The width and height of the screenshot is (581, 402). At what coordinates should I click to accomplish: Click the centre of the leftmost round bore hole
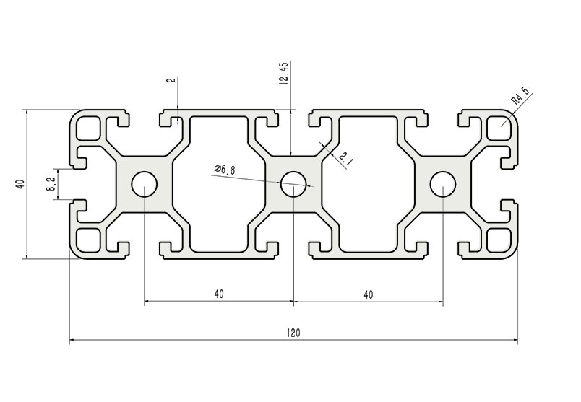(x=144, y=184)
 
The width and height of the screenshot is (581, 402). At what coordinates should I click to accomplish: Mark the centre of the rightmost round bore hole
(x=443, y=184)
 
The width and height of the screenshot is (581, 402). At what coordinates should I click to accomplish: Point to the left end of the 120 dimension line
(x=70, y=339)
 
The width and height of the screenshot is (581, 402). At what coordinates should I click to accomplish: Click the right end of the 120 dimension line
(x=517, y=339)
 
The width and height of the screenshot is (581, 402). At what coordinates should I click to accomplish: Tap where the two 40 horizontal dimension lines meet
(x=293, y=302)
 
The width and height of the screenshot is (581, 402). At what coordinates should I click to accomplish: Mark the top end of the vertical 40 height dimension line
(x=27, y=110)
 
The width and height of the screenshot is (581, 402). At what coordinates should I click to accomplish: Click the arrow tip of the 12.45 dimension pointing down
(x=291, y=155)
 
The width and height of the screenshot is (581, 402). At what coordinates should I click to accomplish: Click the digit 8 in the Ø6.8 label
(x=232, y=170)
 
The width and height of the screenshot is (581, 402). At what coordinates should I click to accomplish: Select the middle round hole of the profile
(x=293, y=184)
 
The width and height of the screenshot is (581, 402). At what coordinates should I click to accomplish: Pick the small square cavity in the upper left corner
(x=88, y=128)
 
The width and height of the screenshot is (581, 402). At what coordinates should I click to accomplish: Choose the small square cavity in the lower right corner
(x=499, y=240)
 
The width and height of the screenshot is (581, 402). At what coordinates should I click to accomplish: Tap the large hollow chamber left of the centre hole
(x=219, y=184)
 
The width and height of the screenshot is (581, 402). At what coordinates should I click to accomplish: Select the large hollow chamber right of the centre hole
(x=369, y=184)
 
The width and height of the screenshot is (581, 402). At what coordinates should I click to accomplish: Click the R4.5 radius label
(x=520, y=95)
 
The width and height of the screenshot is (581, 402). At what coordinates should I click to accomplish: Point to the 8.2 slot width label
(x=51, y=184)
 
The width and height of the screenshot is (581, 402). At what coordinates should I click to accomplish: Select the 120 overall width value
(x=293, y=333)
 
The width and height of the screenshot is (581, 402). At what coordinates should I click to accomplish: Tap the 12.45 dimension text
(x=284, y=74)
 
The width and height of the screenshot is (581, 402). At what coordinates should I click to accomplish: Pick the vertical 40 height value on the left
(x=20, y=184)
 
